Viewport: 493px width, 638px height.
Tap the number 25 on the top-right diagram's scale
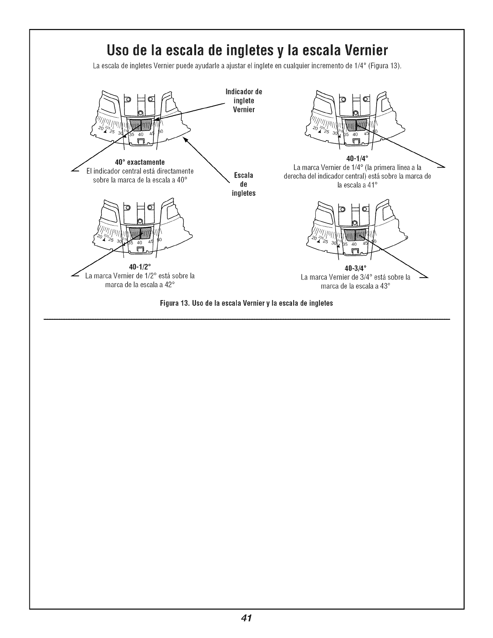(325, 132)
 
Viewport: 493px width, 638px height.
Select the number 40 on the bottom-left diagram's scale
(140, 243)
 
